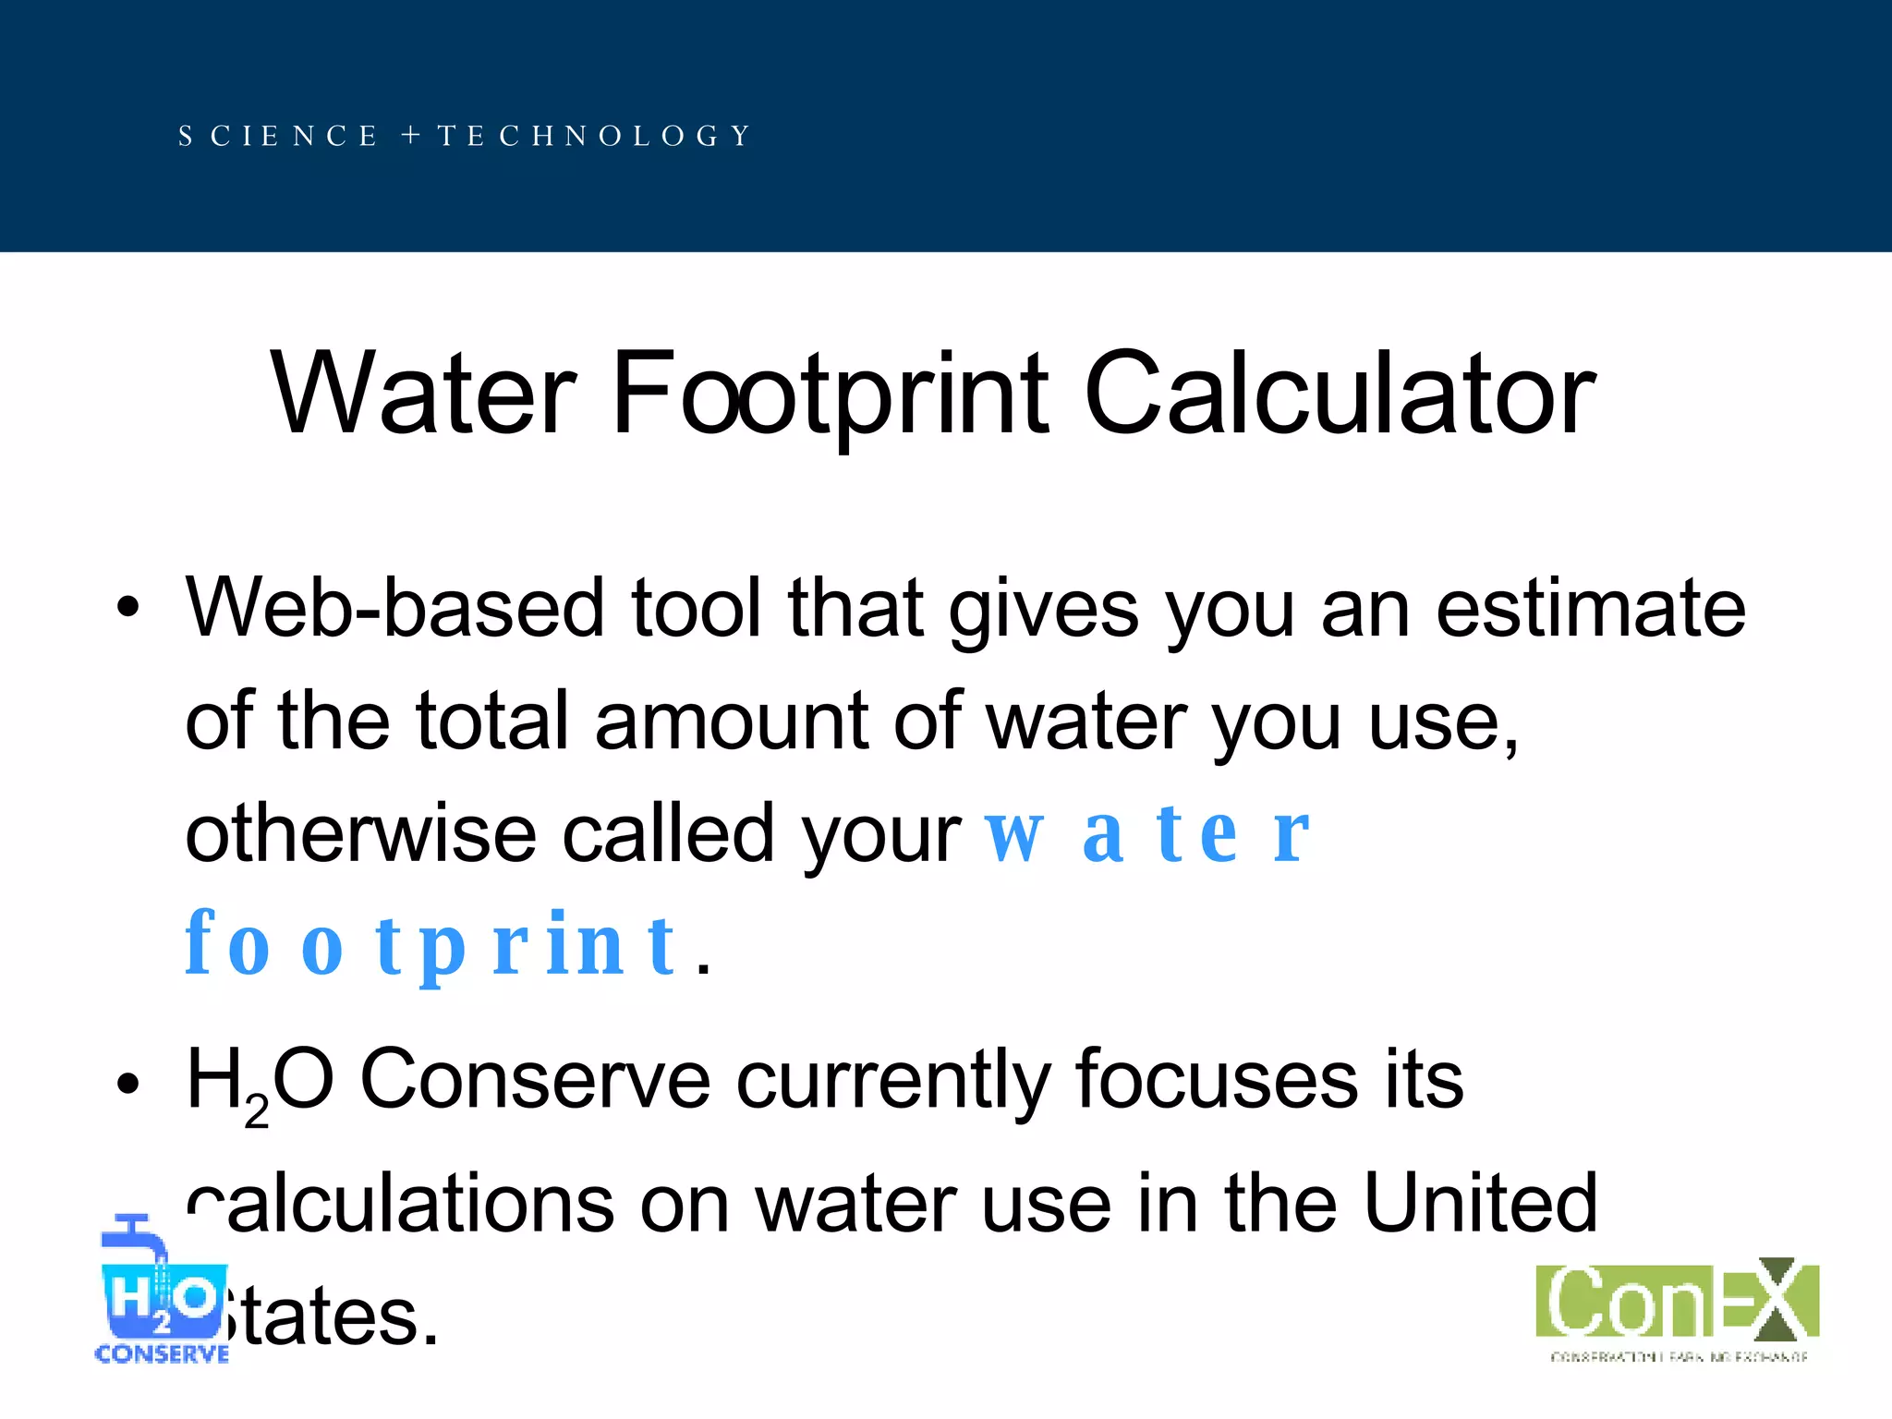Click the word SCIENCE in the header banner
[278, 137]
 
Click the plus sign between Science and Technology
[411, 137]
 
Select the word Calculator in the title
[1340, 395]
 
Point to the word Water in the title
[424, 395]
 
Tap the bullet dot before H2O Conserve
[127, 1082]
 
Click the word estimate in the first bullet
[1590, 609]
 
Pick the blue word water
[1146, 834]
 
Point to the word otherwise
[360, 834]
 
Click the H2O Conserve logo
[162, 1290]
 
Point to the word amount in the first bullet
[731, 722]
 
